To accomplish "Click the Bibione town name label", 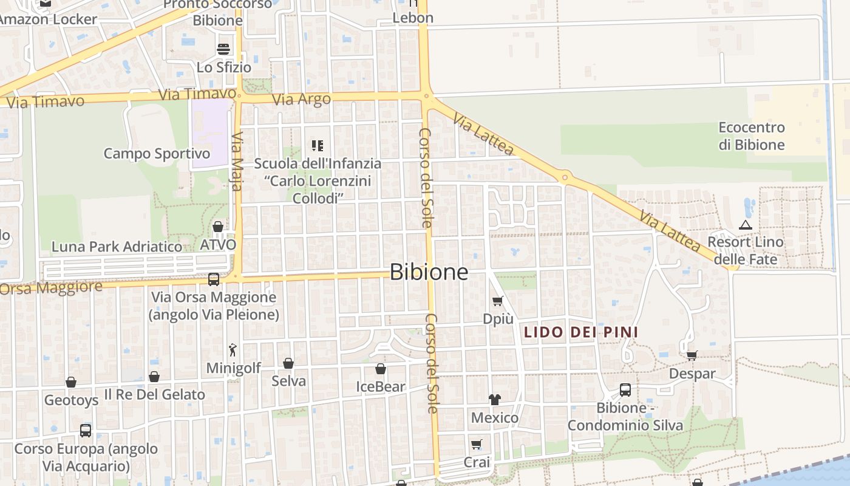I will click(x=429, y=272).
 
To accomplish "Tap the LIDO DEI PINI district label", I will click(x=581, y=332).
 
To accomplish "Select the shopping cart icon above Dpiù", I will click(x=498, y=301).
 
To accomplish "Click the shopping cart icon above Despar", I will click(x=692, y=355).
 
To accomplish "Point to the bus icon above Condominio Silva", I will click(x=625, y=390).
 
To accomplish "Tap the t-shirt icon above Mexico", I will click(x=495, y=400).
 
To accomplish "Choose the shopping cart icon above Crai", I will click(x=477, y=445).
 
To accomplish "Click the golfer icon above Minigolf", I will click(x=233, y=350).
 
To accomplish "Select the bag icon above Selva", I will click(x=288, y=363).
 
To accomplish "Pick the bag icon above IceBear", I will click(x=380, y=369).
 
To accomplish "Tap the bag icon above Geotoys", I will click(x=71, y=382).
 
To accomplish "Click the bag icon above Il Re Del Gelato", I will click(x=154, y=377).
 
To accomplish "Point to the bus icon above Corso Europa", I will click(x=86, y=431).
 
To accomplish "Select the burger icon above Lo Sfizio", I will click(x=223, y=49).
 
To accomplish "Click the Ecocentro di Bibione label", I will click(x=752, y=136).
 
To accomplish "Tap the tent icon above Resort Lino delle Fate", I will click(x=746, y=225).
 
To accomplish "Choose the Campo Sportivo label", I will click(x=157, y=154).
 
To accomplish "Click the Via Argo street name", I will click(x=302, y=99).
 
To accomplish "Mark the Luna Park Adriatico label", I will click(x=117, y=247).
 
